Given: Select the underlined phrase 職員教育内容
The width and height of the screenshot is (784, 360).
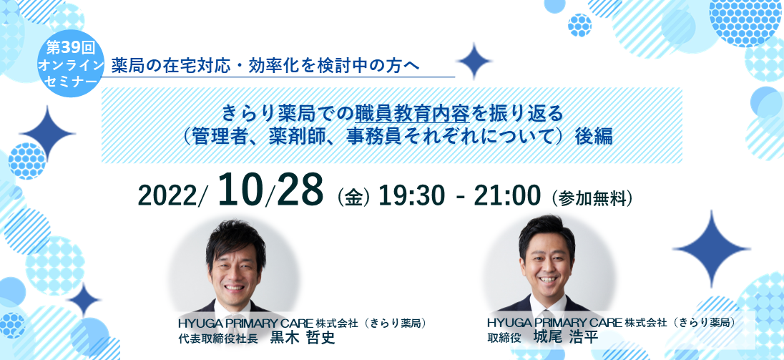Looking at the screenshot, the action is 412,114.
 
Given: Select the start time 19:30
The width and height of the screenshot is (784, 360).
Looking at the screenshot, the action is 411,197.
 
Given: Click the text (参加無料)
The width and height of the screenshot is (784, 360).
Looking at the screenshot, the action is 592,198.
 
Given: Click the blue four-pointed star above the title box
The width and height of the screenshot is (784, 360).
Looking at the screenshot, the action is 474,61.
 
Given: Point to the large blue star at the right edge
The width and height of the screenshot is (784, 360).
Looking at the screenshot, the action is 710,248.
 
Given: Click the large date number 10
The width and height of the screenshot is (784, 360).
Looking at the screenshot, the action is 242,190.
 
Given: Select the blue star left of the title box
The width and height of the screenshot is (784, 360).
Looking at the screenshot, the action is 47,133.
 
